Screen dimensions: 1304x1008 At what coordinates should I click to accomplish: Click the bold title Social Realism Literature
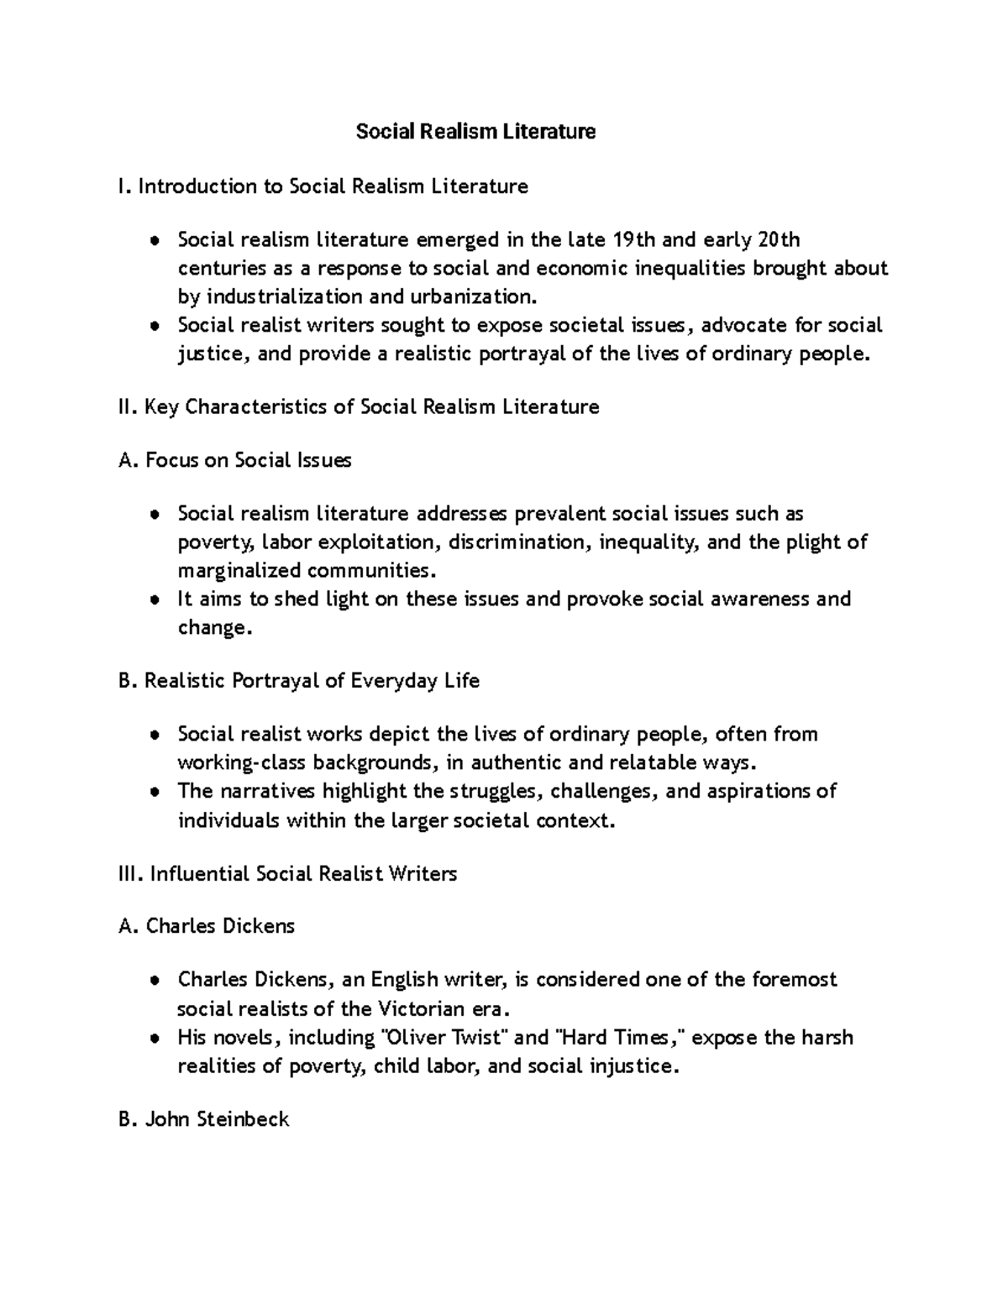click(x=475, y=132)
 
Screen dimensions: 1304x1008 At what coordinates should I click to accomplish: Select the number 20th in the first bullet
click(x=779, y=240)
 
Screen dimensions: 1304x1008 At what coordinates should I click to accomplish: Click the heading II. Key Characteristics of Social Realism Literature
click(x=360, y=407)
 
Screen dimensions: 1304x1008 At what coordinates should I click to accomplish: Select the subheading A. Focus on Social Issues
click(x=236, y=460)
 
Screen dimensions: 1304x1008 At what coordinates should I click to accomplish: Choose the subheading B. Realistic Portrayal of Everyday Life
click(x=300, y=681)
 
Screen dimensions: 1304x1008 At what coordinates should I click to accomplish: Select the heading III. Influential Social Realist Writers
click(x=288, y=874)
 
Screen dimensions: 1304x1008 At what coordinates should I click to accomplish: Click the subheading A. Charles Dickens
click(x=207, y=926)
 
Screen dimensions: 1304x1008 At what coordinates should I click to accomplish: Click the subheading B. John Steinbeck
click(x=205, y=1119)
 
